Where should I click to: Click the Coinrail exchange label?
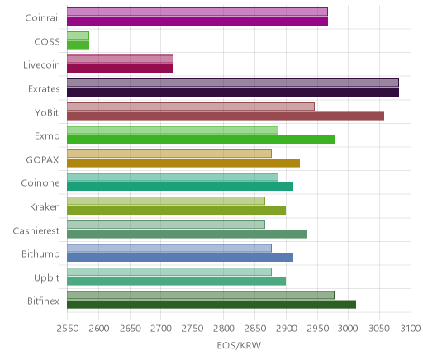(42, 18)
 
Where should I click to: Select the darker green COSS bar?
(78, 45)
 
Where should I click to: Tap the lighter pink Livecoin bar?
(120, 59)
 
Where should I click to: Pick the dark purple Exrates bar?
(233, 92)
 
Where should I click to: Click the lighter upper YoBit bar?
(191, 107)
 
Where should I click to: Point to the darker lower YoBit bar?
(226, 116)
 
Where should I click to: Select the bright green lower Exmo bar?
(201, 140)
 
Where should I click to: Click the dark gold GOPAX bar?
(183, 163)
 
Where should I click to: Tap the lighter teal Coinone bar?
(173, 178)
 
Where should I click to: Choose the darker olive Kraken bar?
(176, 211)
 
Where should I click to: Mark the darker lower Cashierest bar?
(187, 234)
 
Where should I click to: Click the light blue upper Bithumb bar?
(169, 248)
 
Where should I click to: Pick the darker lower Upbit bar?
(176, 281)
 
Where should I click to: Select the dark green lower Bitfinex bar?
(211, 305)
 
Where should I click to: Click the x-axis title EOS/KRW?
(239, 346)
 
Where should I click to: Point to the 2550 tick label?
(68, 329)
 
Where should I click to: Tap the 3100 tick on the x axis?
(411, 329)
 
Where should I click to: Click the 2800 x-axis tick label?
(224, 329)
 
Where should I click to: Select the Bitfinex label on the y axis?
(43, 301)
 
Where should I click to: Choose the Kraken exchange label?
(45, 206)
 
